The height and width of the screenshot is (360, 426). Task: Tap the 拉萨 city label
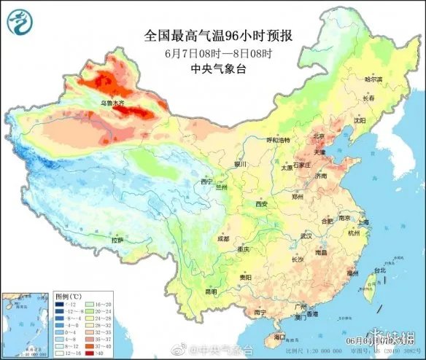tap(117, 240)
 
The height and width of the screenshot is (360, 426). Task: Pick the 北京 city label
tap(318, 136)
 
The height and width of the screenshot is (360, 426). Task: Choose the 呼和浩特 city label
tap(277, 139)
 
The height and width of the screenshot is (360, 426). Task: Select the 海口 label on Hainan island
tap(279, 337)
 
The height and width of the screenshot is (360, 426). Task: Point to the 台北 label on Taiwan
tap(379, 270)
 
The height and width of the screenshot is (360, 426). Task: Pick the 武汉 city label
tap(306, 235)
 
